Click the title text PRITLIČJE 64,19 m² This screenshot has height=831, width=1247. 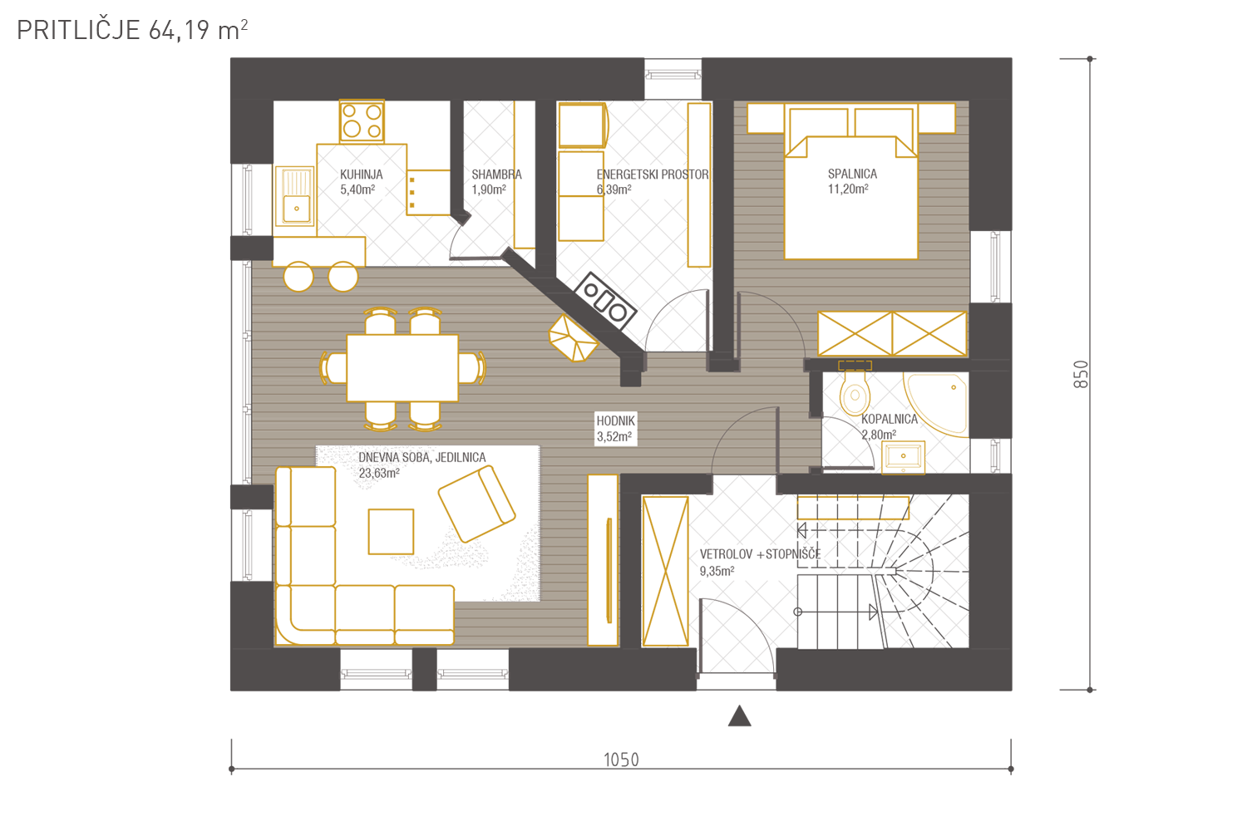point(132,30)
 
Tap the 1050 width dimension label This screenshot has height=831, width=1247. point(621,760)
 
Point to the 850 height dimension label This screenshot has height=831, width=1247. point(1081,374)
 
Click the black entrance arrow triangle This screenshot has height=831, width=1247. point(739,715)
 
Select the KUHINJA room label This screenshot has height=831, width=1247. point(362,175)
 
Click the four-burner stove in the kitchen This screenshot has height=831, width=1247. point(362,121)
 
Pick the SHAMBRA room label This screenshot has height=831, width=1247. point(496,175)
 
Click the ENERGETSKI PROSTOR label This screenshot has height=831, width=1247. point(653,175)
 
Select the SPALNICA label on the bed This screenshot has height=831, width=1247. point(852,174)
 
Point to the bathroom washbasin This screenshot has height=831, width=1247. point(903,457)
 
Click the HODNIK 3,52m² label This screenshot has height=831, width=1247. point(615,429)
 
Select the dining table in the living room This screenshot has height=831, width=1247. point(402,368)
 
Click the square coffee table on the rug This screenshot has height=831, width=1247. point(391,532)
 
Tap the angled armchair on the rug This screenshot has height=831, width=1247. point(476,504)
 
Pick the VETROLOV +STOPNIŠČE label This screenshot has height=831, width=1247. point(760,553)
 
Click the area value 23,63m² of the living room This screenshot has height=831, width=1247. point(378,474)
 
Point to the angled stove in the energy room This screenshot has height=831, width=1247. point(604,301)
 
